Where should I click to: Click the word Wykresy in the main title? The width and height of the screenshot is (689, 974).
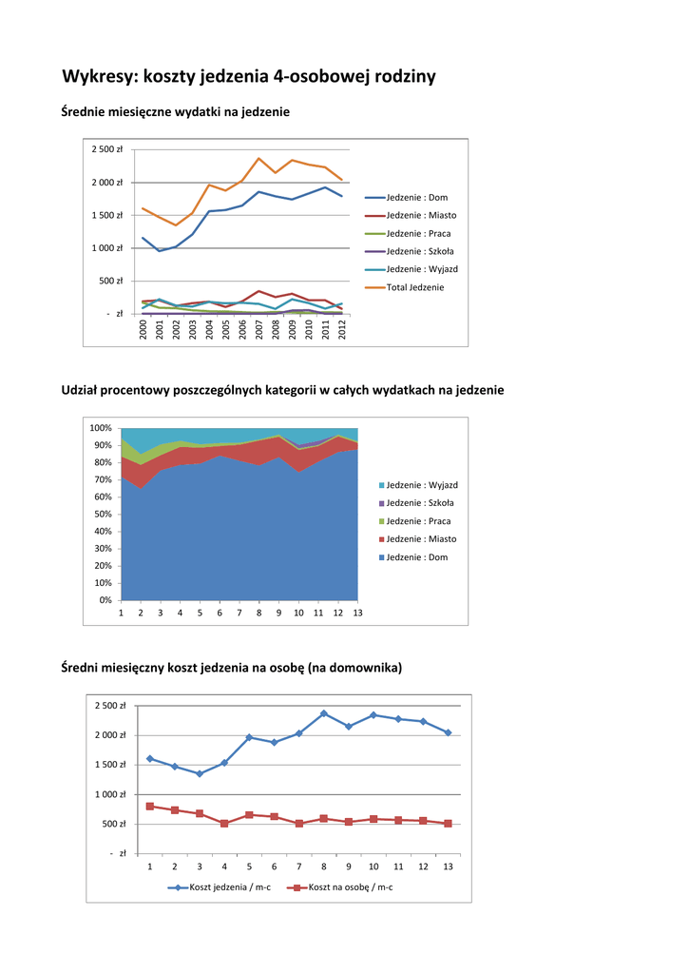point(100,77)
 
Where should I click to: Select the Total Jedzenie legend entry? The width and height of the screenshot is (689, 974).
point(414,287)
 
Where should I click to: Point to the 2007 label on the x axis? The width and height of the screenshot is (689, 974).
point(259,329)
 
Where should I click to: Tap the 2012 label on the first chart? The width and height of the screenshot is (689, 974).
point(342,329)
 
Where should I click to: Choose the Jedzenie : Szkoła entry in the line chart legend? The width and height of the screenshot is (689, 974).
point(419,251)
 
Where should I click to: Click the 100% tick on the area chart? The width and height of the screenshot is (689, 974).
point(102,428)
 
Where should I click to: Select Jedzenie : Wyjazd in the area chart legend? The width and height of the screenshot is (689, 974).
point(422,485)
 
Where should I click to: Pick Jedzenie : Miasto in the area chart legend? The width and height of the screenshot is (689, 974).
point(422,539)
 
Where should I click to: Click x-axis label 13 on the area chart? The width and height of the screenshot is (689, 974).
point(358,614)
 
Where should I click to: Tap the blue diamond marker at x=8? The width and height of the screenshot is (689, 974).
point(324,713)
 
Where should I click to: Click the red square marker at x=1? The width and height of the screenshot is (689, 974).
point(150,807)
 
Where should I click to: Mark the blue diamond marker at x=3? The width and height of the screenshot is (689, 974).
point(200,773)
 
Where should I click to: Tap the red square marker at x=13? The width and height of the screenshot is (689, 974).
point(448,823)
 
